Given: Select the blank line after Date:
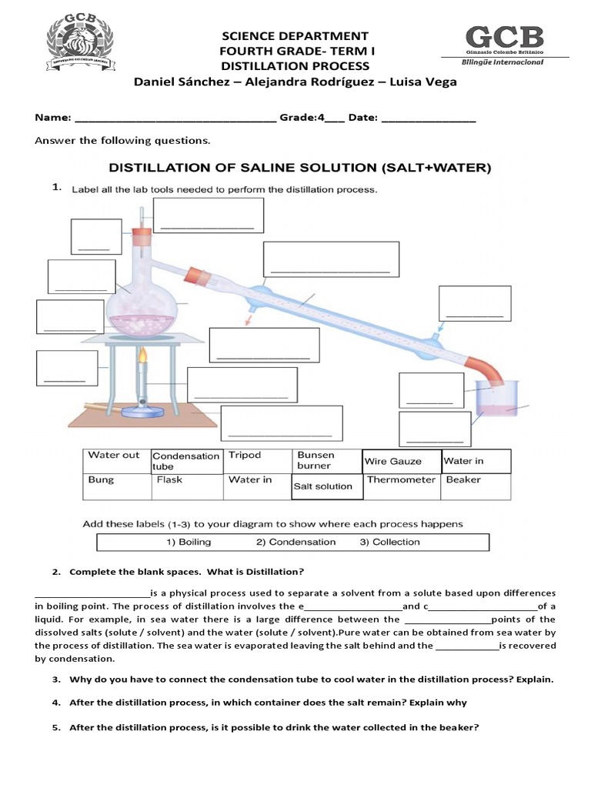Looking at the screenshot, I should (428, 120).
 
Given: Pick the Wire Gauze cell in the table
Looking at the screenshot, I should (394, 462).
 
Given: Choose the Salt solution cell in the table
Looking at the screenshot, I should (323, 486).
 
